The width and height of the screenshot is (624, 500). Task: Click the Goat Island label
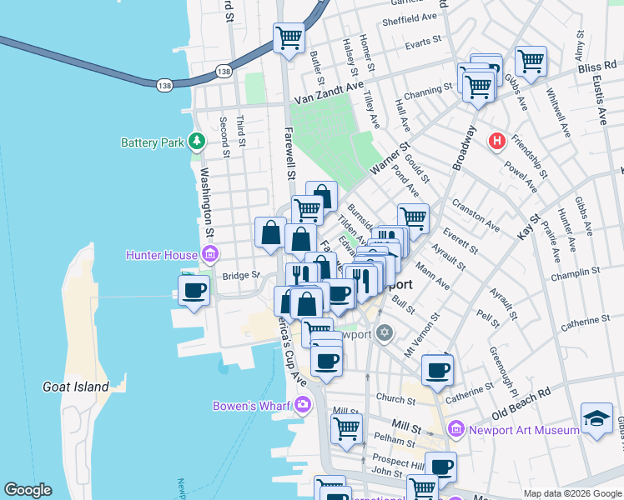[x=76, y=387]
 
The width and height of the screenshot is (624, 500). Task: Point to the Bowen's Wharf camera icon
[x=302, y=406]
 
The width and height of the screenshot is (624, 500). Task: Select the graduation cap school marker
[x=597, y=417]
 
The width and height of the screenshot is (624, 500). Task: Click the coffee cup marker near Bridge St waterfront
[x=194, y=291]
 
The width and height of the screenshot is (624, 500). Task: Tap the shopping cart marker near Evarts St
[x=289, y=37]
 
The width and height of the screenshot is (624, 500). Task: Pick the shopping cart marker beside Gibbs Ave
[x=531, y=60]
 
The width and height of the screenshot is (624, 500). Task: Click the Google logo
[x=28, y=490]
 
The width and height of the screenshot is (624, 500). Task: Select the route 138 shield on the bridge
[x=164, y=83]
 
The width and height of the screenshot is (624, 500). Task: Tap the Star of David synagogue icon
[x=384, y=333]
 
